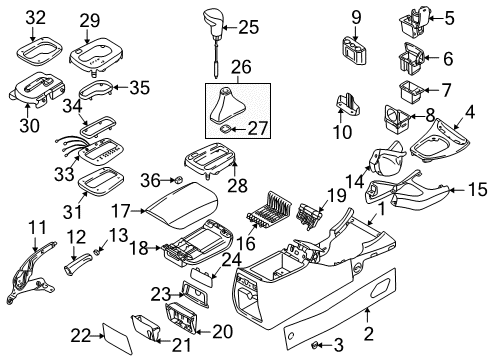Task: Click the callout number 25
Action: tap(248, 27)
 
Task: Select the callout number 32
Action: tap(36, 19)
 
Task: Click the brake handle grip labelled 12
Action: tap(80, 269)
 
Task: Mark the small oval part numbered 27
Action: tap(229, 128)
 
